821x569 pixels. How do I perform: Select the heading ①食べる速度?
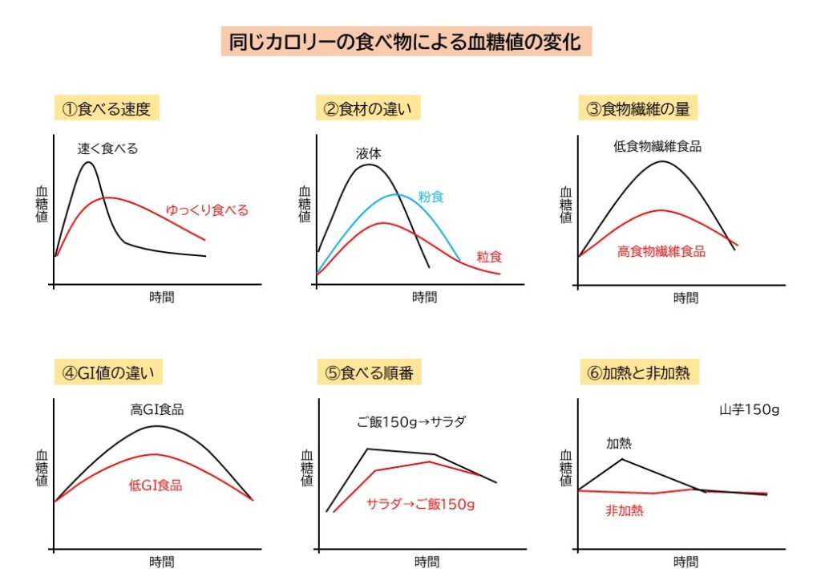(107, 108)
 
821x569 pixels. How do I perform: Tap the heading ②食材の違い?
(370, 108)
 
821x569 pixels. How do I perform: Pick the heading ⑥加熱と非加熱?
(638, 372)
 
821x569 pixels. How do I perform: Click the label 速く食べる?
(107, 148)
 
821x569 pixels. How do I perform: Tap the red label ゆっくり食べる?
(207, 210)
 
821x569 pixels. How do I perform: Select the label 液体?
(370, 152)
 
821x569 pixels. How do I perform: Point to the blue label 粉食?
(431, 197)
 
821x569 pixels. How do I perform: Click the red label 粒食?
(489, 257)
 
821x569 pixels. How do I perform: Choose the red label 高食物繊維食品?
(661, 251)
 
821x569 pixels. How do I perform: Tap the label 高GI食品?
(157, 409)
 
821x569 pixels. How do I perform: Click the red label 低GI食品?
(156, 486)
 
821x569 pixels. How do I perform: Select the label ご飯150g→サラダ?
(411, 421)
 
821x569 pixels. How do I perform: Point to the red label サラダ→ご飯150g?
(421, 504)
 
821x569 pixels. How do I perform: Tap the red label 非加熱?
(625, 510)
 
